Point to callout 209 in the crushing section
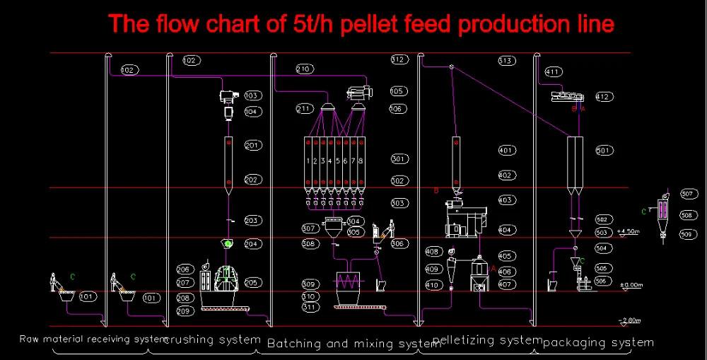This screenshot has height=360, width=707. pyautogui.click(x=185, y=311)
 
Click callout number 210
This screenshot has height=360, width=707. pyautogui.click(x=303, y=69)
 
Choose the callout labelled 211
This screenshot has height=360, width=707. pyautogui.click(x=304, y=109)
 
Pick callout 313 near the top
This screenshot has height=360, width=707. pyautogui.click(x=506, y=61)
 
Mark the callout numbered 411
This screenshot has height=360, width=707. pyautogui.click(x=553, y=71)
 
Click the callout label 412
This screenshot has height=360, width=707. pyautogui.click(x=602, y=97)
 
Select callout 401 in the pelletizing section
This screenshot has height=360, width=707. pyautogui.click(x=506, y=151)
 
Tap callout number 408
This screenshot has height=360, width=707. pyautogui.click(x=432, y=252)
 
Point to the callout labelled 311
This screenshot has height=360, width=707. pyautogui.click(x=309, y=307)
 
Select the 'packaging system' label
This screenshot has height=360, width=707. pyautogui.click(x=598, y=342)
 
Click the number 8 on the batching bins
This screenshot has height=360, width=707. pyautogui.click(x=361, y=161)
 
